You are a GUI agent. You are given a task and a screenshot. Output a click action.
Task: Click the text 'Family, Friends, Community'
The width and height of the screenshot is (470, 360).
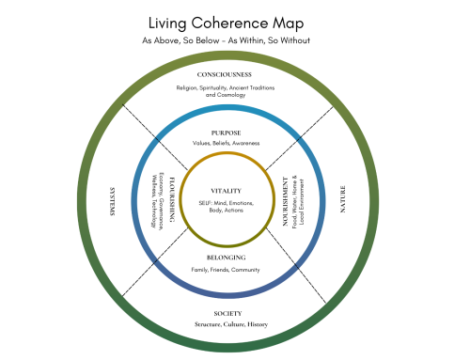click(227, 270)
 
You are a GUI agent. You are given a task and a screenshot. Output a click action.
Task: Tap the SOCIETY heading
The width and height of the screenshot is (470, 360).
click(227, 313)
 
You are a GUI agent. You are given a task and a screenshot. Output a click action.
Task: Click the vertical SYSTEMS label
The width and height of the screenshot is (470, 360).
click(111, 200)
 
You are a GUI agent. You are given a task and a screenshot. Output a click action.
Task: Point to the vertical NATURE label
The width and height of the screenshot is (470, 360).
click(343, 200)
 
